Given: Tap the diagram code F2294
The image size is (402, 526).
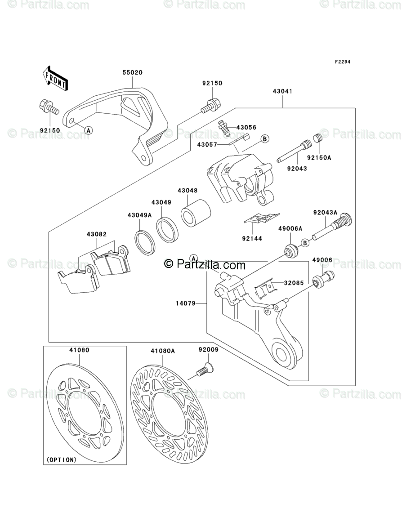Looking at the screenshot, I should coord(342,62).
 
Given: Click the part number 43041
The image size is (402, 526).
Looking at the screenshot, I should coord(282,91).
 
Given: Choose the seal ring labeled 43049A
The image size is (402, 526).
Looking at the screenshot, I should coord(145,242).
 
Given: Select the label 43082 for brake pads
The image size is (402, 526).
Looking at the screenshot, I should coord(97,235).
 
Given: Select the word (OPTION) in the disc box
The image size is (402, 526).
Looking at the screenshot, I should coord(61,459).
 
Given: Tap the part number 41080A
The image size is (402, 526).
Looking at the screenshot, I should coord(163,350).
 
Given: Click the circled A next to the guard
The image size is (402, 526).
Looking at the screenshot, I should coord(89,130).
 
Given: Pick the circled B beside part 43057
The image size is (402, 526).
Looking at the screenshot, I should coord(265,139).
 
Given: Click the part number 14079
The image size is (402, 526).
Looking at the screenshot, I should coord(185,303).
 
